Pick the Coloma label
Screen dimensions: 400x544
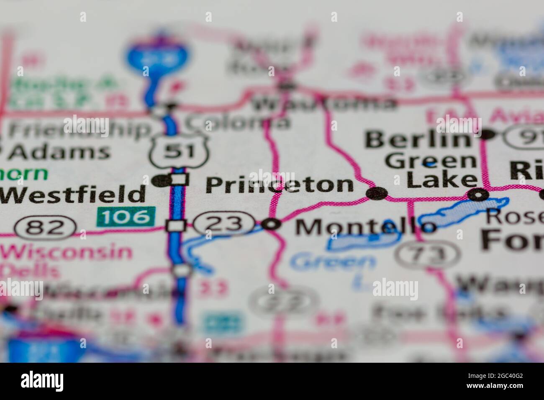[x=237, y=122]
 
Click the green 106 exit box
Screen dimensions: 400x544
[x=126, y=216]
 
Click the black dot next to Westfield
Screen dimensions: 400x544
[x=160, y=181]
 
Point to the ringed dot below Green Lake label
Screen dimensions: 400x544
[x=478, y=195]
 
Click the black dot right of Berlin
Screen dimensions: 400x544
[x=487, y=134]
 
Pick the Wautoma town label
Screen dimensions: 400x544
[x=325, y=103]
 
